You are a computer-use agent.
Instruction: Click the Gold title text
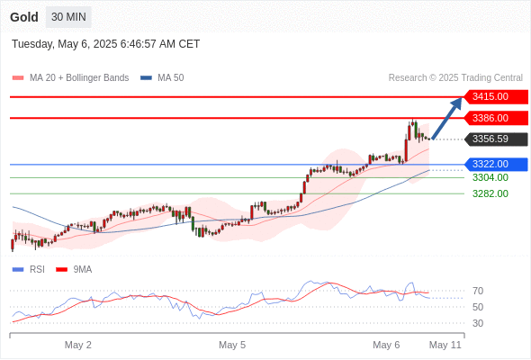coord(24,17)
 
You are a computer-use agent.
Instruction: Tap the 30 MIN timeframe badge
coord(68,17)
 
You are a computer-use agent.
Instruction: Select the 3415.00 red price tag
coord(496,97)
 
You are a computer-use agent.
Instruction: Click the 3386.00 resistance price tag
coord(496,118)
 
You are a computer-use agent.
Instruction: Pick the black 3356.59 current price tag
coord(496,139)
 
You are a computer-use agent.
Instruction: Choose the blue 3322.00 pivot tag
coord(496,165)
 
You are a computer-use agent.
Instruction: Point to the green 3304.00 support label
coord(490,177)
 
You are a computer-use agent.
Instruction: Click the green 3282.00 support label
coord(490,193)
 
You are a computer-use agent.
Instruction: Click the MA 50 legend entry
coord(162,78)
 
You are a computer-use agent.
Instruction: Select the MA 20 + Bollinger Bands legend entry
coord(70,78)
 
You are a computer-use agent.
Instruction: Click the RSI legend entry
coord(29,270)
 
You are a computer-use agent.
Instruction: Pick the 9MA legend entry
coord(74,270)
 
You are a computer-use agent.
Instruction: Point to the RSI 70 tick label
coord(478,291)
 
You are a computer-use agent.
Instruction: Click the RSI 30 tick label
coord(478,323)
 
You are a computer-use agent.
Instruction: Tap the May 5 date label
coord(232,345)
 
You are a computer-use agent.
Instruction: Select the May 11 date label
coord(445,345)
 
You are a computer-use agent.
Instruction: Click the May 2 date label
coord(78,345)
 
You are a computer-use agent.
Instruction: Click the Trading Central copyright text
coord(455,78)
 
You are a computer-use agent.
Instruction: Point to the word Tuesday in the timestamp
coord(32,44)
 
